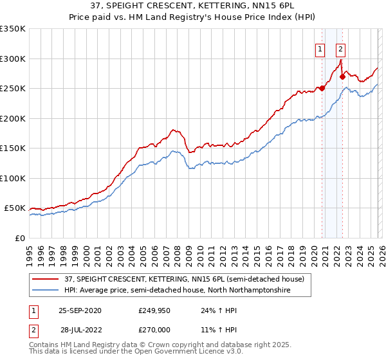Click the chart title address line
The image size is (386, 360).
pos(192,6)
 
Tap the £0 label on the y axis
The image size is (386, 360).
pos(20,238)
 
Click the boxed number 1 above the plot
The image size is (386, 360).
pos(320,49)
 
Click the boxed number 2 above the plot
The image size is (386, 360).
pos(340,49)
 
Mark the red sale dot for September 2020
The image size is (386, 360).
pos(322,89)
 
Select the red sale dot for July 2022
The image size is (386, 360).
pos(342,77)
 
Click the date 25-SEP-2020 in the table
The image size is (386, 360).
pos(80,310)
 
